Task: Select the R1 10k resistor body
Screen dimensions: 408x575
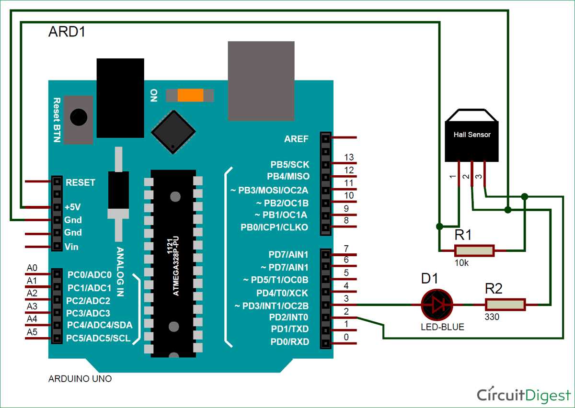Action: tap(474, 250)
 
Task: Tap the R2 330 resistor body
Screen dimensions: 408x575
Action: tap(505, 304)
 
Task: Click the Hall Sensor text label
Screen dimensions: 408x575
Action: tap(472, 135)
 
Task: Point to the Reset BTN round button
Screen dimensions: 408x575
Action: tap(79, 116)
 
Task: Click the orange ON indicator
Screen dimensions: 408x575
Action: tap(190, 95)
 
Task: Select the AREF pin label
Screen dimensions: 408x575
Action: tap(297, 139)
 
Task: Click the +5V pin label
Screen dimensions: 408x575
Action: tap(73, 207)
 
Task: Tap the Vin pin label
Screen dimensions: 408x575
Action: tap(72, 247)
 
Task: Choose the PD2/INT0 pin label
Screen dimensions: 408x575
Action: tap(289, 317)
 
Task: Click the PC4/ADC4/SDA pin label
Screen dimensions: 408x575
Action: tap(99, 325)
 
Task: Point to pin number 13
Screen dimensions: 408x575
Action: tap(349, 157)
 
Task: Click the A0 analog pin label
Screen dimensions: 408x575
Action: tap(32, 268)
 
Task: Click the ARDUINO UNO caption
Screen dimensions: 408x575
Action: tap(80, 379)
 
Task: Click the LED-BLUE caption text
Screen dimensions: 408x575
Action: tap(443, 328)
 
